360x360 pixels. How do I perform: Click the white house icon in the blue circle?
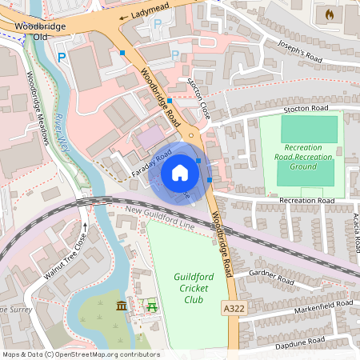point(180,172)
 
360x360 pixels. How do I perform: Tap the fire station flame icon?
point(328,14)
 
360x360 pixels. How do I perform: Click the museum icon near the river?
point(121,306)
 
